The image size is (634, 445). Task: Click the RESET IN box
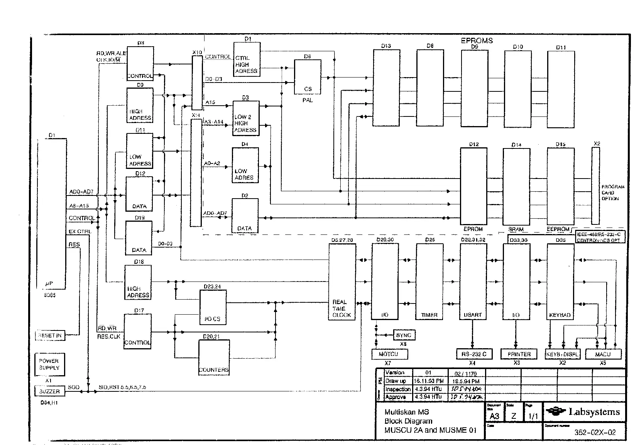pos(50,335)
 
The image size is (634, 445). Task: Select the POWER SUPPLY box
pos(49,364)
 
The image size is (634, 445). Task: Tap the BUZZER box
pos(50,391)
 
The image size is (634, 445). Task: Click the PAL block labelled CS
pos(308,77)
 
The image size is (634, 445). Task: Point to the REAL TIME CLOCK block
pos(342,282)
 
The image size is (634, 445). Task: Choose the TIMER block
pos(429,282)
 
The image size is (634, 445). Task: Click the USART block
pos(473,282)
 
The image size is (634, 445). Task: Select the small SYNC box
pos(404,335)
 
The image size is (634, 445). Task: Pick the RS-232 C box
pos(474,354)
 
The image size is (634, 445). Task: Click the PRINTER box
pos(519,354)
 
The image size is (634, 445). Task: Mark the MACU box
pos(603,354)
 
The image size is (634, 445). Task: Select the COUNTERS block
pos(214,357)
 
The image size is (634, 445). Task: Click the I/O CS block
pos(213,307)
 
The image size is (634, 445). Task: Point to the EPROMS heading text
pos(477,40)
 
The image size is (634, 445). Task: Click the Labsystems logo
pos(584,412)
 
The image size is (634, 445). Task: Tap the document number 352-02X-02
pos(595,433)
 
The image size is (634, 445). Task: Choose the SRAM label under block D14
pos(516,229)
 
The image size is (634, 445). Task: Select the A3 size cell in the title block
pos(494,416)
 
